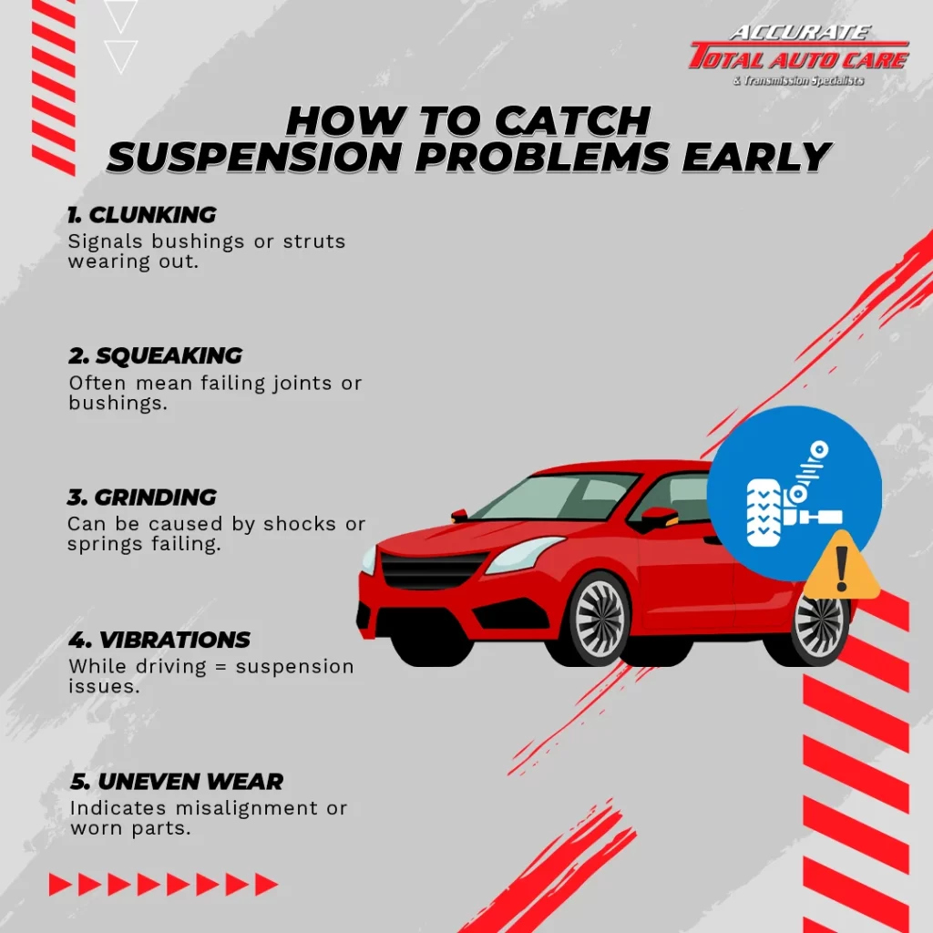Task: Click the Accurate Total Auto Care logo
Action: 798,56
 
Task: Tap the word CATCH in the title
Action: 572,121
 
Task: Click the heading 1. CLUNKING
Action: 141,215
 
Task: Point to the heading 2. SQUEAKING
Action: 155,356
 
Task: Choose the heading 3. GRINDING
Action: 142,497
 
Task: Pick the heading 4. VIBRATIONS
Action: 159,640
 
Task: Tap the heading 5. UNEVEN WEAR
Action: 177,781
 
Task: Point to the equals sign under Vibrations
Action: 220,667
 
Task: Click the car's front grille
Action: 433,570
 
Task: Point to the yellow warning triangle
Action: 841,569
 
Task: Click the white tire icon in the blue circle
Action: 764,512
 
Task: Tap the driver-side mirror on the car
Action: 659,518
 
